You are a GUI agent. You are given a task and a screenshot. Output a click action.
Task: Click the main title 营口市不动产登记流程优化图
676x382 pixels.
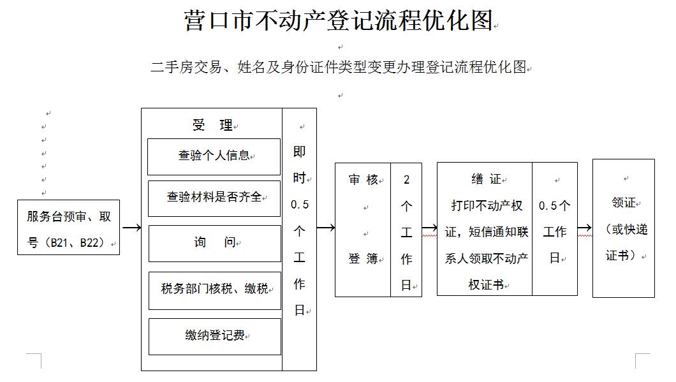point(339,20)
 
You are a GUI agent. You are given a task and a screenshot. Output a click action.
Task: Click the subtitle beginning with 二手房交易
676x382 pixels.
point(339,67)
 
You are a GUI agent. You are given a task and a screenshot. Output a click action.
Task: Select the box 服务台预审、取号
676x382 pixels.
point(68,227)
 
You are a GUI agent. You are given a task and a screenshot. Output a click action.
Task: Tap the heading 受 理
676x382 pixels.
point(212,125)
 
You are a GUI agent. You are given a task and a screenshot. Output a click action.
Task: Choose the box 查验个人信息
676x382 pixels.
point(214,157)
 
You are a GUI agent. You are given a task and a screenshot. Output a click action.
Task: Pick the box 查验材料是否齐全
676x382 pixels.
point(214,198)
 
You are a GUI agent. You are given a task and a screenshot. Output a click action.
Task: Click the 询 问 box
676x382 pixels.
point(215,243)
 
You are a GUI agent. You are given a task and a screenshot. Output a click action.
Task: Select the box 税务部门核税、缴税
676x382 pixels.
point(215,291)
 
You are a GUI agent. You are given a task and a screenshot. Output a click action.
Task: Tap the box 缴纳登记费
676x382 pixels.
point(215,337)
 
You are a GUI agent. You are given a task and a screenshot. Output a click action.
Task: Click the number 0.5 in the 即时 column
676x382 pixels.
point(300,205)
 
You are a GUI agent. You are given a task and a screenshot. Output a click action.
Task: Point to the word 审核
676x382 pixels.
point(363,179)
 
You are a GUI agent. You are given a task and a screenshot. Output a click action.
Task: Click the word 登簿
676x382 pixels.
point(363,259)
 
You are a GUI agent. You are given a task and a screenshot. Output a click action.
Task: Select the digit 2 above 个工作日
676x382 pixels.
point(406,180)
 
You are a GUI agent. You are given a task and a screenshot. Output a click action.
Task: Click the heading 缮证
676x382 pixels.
point(487,179)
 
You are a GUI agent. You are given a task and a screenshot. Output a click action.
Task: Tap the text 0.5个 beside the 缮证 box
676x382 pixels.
point(554,205)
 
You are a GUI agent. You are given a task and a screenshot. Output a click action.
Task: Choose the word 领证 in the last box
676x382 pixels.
point(624,203)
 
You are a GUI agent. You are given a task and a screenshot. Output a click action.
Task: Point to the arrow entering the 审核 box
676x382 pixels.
point(326,227)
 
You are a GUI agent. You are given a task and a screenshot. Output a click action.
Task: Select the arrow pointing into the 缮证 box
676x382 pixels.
point(429,228)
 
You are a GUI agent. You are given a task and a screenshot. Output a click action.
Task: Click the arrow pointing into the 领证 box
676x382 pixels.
point(585,228)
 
